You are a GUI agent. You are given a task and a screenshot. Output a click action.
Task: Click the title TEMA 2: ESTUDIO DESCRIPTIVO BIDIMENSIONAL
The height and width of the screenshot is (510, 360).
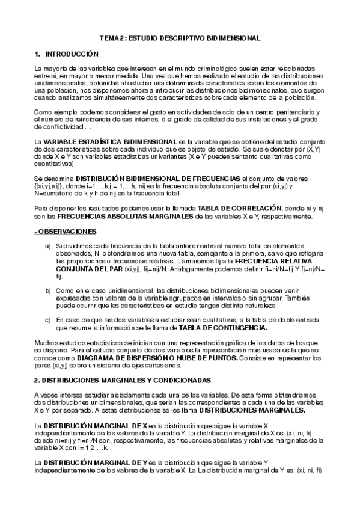tap(180, 38)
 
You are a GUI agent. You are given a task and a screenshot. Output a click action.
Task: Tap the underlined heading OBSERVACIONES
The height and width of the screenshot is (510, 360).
tap(62, 232)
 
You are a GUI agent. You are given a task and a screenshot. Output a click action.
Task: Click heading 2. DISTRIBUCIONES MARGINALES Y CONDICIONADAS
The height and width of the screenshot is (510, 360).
tap(123, 381)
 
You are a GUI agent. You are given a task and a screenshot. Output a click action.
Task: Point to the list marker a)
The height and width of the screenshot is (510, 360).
tap(48, 246)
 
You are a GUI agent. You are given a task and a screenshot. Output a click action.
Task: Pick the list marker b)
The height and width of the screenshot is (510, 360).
tap(48, 290)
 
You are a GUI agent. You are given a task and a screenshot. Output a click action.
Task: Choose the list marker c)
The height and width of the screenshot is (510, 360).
tap(48, 320)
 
